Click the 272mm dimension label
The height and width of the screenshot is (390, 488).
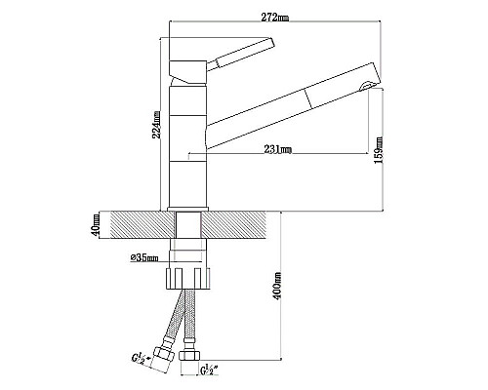coord(275,18)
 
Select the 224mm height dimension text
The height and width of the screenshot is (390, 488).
coord(156,125)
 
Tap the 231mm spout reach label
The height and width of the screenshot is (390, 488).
coord(277,149)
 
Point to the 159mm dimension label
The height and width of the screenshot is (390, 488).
coord(379,150)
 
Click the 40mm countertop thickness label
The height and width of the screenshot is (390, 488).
coord(96,225)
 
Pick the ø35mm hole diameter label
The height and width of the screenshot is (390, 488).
coord(144,258)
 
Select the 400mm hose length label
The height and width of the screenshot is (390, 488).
coord(277,286)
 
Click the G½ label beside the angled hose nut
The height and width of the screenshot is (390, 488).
coord(141,358)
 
